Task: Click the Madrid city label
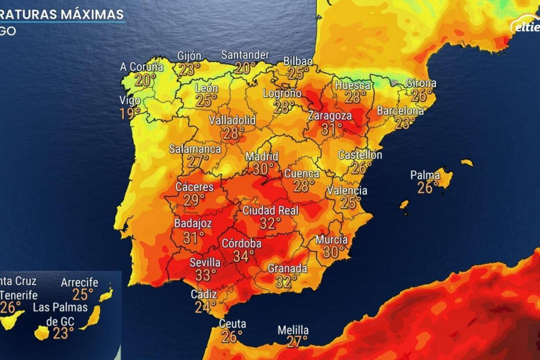(x=262, y=157)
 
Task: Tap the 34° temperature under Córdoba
(x=244, y=256)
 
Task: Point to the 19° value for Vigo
(x=130, y=113)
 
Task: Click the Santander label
(x=245, y=55)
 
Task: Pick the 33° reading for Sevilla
(x=206, y=274)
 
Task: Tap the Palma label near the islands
(x=425, y=175)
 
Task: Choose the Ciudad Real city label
(x=270, y=211)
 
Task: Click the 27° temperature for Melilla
(x=297, y=342)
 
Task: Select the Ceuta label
(x=233, y=324)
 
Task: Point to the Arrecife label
(x=80, y=283)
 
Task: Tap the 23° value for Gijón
(x=189, y=69)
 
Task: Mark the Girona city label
(x=421, y=83)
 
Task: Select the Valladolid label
(x=232, y=121)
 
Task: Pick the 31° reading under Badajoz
(x=193, y=237)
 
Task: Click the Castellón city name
(x=360, y=155)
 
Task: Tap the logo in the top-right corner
(x=526, y=26)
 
